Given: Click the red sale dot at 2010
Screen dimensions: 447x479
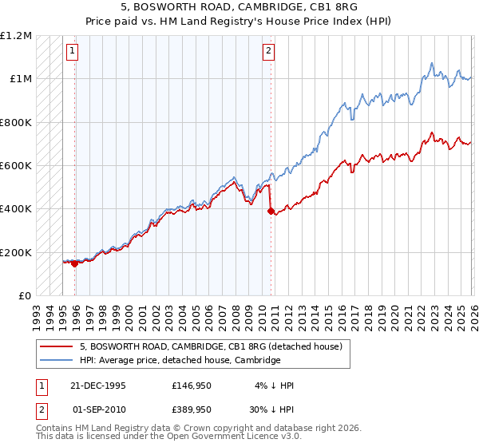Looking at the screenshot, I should [x=271, y=212].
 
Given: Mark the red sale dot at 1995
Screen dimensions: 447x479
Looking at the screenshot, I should [x=75, y=264].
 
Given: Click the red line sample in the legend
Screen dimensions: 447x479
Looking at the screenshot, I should [x=57, y=346].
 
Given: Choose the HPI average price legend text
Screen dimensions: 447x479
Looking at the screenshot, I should [x=180, y=360].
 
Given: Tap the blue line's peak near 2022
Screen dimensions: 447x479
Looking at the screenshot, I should [x=431, y=63].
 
